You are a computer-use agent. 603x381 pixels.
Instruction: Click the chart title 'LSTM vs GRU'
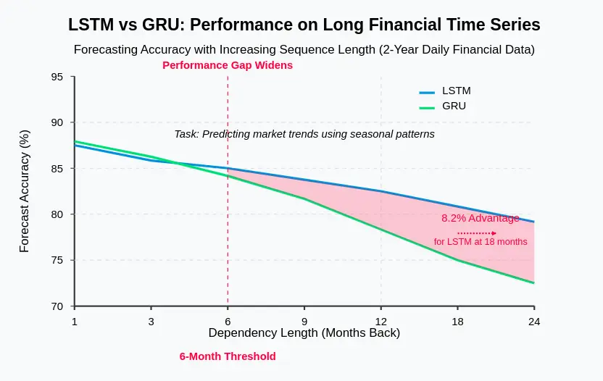[304, 25]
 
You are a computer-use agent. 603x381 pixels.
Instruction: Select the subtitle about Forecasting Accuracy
[304, 50]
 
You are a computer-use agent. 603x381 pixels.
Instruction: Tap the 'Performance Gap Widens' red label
[228, 65]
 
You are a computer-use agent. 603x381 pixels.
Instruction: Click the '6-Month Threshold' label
[228, 356]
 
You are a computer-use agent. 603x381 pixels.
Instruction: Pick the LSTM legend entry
[444, 91]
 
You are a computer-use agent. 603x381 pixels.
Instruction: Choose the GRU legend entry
[443, 106]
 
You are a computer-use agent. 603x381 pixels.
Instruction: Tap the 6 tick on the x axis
[228, 321]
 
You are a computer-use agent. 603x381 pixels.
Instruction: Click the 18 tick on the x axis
[457, 321]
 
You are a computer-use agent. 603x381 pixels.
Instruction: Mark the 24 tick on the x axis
[534, 321]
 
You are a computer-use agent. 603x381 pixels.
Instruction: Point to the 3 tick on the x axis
[151, 321]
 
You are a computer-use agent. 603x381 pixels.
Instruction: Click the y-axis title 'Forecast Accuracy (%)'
[25, 191]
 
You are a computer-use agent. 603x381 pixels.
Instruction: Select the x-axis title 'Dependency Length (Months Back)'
[304, 333]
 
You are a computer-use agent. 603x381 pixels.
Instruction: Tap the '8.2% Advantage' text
[480, 218]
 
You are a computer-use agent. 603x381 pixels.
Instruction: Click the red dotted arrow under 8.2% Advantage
[477, 233]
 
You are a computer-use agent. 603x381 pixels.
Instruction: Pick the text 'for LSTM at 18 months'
[481, 241]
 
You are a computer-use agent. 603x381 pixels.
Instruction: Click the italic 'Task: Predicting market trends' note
[304, 134]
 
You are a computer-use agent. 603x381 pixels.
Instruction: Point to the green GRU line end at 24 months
[533, 282]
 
